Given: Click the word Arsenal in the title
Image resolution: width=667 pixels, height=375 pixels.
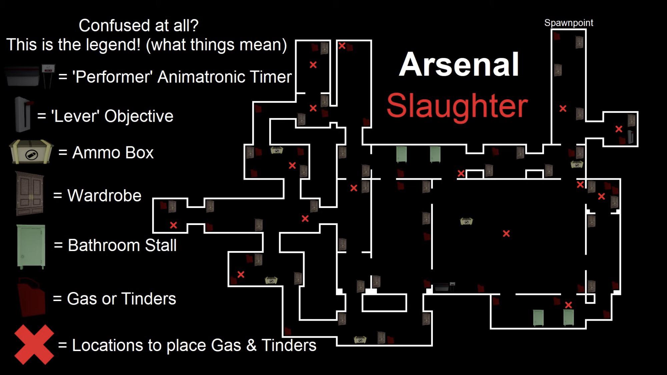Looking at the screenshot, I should coord(459,65).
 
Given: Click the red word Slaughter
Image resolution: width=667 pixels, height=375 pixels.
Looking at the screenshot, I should coord(457,106).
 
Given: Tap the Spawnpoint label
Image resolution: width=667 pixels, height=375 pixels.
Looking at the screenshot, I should coord(569,23).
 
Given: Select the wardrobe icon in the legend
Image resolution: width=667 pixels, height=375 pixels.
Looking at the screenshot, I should coord(30,194).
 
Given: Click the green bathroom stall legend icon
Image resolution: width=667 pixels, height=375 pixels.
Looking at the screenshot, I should coord(31,246).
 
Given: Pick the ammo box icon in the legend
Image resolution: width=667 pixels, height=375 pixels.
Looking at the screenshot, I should coord(31,152).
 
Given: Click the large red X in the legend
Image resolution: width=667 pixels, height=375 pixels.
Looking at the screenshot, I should coord(34,345).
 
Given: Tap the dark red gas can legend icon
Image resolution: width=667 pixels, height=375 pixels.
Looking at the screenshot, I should coord(31,297).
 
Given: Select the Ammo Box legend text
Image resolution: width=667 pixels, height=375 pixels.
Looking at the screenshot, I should coord(106,153).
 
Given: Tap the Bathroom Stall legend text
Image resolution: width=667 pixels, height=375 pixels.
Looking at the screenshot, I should coord(115,245).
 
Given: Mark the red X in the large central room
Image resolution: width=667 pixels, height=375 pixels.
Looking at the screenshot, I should coord(506,234).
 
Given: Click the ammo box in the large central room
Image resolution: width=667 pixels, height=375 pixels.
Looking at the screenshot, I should coord(466,221).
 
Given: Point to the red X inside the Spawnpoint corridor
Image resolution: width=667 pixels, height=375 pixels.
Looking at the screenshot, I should coord(563,108).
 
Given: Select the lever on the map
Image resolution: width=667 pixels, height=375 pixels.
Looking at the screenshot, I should coord(630,137).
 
